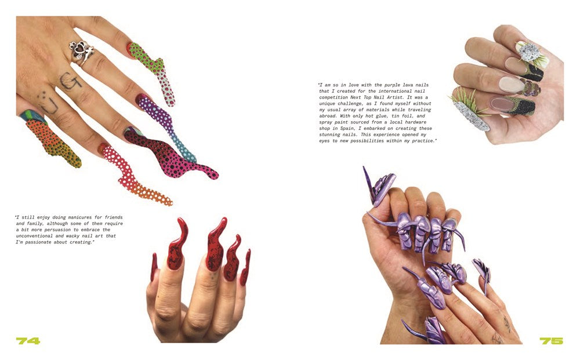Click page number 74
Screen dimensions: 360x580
pos(27,341)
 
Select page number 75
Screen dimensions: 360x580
pos(551,341)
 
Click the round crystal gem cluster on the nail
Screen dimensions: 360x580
pos(528,53)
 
